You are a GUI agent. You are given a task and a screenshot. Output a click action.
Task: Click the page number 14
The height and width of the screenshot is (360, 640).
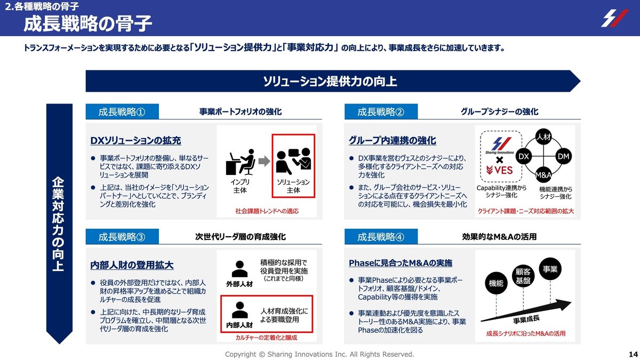(634, 355)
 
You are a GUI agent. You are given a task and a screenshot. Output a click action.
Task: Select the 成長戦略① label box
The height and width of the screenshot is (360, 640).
(122, 112)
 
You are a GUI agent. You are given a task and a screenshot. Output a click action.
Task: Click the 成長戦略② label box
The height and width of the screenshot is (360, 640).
(380, 112)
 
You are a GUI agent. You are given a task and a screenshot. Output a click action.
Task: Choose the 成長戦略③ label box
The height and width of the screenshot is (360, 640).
(122, 237)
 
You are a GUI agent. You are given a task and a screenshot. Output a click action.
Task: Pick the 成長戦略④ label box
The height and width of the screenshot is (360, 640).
(380, 237)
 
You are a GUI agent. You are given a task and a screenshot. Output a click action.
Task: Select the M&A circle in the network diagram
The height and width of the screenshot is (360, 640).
(543, 175)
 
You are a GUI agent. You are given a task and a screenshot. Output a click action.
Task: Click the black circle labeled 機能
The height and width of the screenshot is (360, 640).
(496, 284)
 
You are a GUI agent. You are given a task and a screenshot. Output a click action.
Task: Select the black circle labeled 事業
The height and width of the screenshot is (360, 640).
(550, 269)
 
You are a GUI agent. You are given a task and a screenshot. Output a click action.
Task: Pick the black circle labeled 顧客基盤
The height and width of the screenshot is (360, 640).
(523, 276)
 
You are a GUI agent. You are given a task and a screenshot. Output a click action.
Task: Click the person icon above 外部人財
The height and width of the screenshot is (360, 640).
(239, 268)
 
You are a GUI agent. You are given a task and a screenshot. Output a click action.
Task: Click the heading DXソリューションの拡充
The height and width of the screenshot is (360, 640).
(135, 141)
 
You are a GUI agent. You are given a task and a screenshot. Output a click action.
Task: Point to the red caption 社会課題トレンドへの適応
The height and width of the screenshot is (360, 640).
(267, 211)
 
